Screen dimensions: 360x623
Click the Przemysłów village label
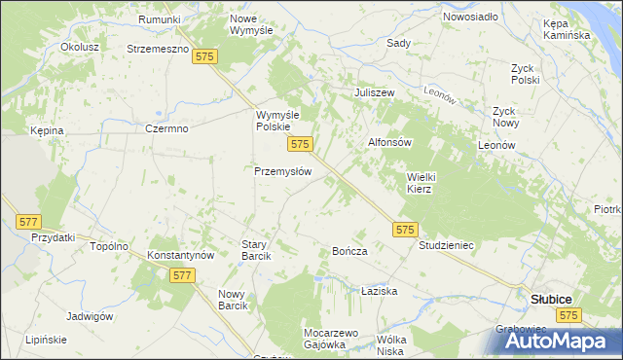(282, 170)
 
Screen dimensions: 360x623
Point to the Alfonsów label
(390, 142)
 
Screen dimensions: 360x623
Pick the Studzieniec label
(446, 245)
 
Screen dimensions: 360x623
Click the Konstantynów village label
(180, 255)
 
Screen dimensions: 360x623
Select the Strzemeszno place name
(157, 48)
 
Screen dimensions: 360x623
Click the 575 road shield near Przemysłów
(300, 144)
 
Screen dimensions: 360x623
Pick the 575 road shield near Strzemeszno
(204, 57)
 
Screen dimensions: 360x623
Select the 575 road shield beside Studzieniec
(407, 230)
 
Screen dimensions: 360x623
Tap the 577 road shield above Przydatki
(28, 222)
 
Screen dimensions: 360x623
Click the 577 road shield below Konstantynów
(182, 275)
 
